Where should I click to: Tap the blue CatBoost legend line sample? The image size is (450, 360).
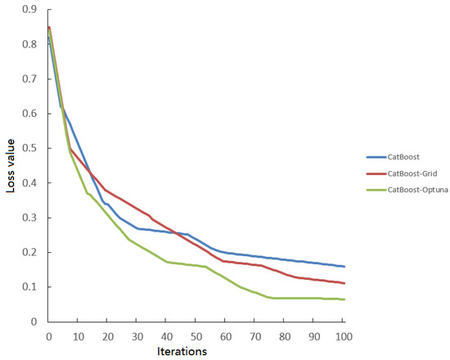click(x=376, y=155)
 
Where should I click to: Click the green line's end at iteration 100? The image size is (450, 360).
click(x=344, y=299)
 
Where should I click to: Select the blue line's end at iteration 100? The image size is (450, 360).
click(x=344, y=267)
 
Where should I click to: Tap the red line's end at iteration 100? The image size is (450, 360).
click(x=344, y=283)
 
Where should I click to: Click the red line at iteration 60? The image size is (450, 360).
click(x=226, y=261)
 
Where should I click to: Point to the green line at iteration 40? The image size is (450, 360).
click(x=167, y=262)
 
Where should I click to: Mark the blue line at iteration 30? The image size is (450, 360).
click(x=137, y=228)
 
